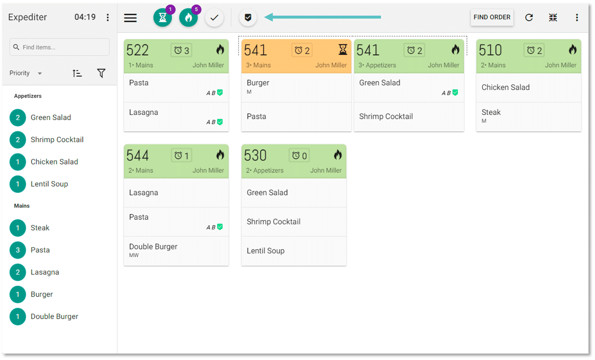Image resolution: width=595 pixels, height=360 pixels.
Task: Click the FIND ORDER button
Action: [492, 17]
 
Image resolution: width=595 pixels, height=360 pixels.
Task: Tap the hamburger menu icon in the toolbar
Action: [130, 18]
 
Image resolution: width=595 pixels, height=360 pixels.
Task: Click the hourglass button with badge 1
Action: [163, 18]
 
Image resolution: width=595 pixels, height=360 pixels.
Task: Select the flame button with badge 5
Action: [188, 18]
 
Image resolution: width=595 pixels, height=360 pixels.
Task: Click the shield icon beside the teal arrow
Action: [248, 17]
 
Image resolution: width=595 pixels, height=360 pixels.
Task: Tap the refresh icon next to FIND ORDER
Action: [529, 17]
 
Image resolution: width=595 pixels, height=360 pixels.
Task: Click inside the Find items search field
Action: [59, 47]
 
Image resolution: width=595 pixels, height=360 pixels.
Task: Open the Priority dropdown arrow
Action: [40, 73]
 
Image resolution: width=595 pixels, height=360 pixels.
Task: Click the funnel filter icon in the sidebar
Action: [101, 73]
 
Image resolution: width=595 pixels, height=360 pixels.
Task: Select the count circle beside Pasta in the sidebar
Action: [18, 250]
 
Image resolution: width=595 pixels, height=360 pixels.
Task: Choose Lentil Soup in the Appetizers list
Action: [49, 184]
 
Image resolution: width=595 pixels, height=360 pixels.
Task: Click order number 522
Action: [138, 50]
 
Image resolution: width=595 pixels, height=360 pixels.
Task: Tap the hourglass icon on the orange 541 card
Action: [342, 50]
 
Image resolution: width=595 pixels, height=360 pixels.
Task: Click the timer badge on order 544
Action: [182, 155]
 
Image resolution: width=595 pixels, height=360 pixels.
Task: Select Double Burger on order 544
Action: [153, 247]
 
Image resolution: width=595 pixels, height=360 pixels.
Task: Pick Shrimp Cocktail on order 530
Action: [273, 222]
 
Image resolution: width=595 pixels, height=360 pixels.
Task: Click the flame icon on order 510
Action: [572, 50]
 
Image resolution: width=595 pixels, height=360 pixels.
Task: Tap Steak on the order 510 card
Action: [491, 112]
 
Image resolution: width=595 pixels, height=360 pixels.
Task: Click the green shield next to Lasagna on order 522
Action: [220, 122]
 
